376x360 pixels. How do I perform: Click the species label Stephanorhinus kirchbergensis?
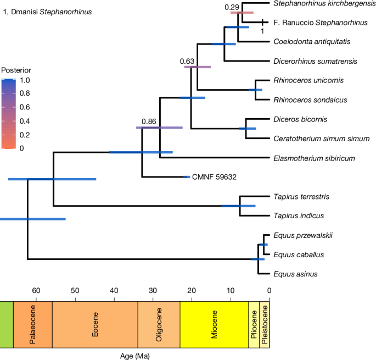tap(320, 3)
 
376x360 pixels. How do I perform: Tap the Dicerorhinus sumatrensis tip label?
tap(311, 61)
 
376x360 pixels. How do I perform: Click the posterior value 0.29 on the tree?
tap(233, 7)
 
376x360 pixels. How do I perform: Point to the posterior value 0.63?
tap(188, 61)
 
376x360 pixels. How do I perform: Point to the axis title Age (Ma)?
tap(135, 356)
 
